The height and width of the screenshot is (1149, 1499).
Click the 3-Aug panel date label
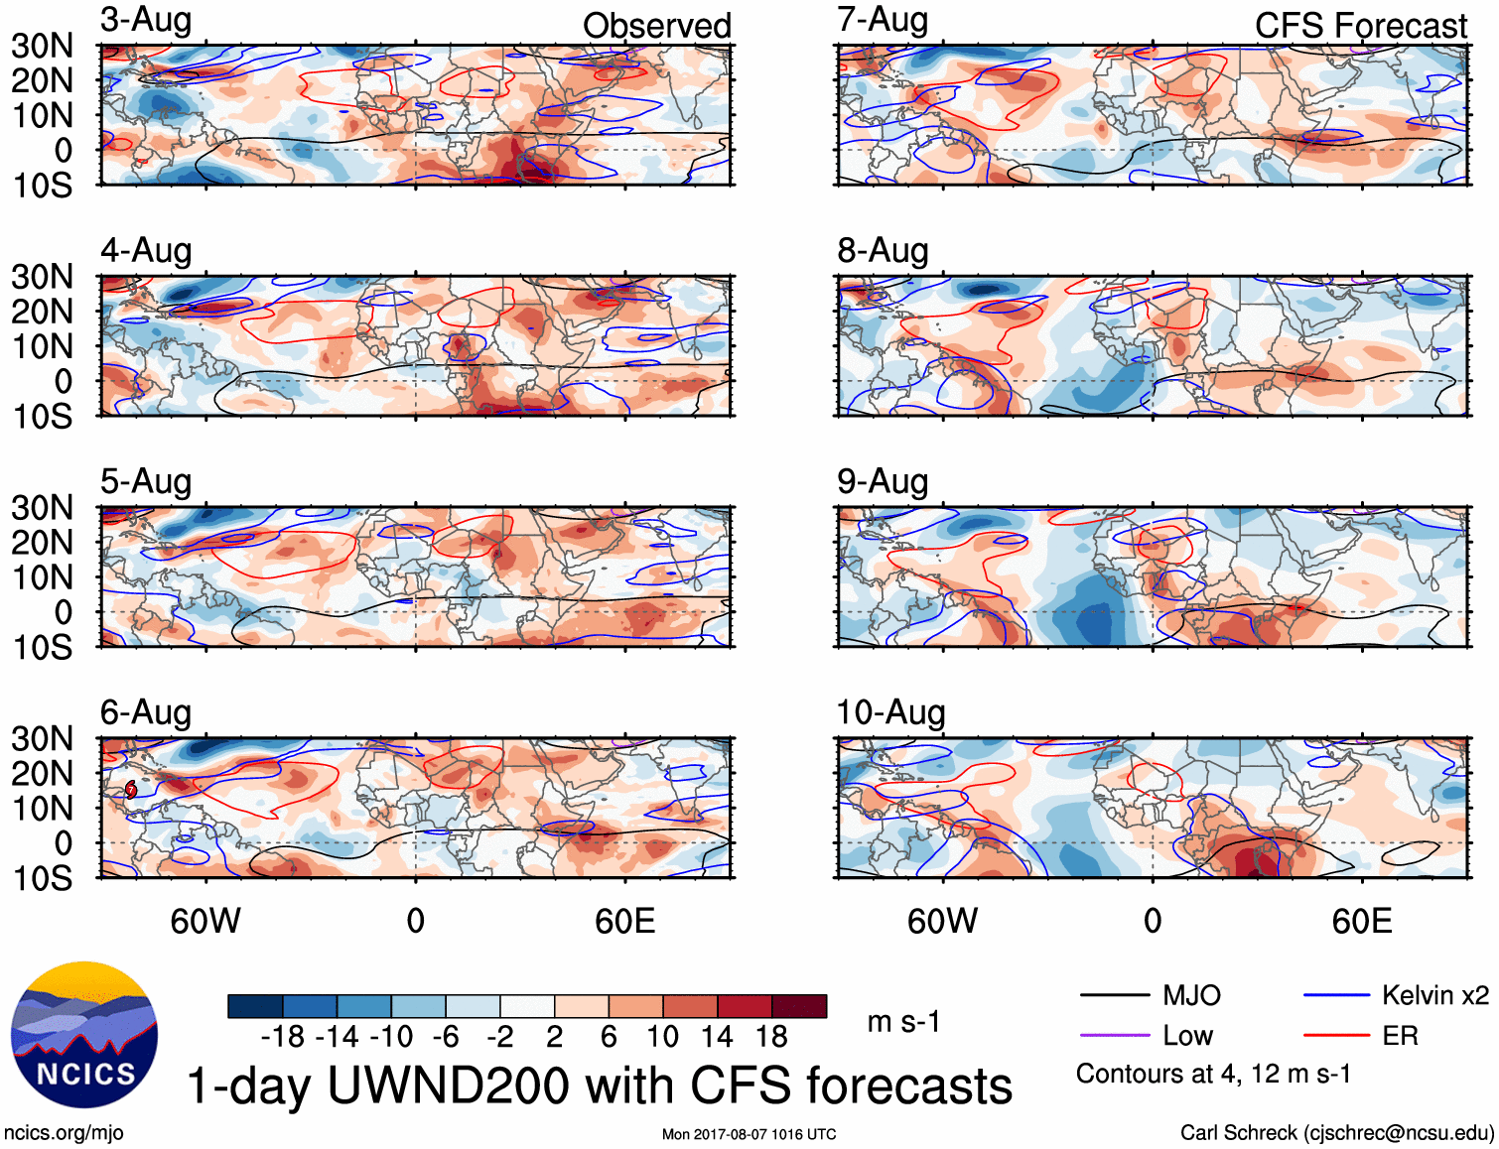(146, 21)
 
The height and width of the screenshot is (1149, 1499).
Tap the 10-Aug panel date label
(890, 712)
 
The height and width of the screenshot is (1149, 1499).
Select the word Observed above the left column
(656, 26)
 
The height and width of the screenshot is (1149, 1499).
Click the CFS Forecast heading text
(1360, 26)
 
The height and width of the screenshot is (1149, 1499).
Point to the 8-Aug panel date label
(883, 251)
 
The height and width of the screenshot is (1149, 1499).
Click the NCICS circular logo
(84, 1035)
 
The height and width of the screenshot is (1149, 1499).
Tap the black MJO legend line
(1114, 995)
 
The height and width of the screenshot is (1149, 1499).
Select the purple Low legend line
(1114, 1036)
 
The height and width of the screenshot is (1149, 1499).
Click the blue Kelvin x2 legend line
(1336, 995)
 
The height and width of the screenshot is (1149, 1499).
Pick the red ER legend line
(1336, 1036)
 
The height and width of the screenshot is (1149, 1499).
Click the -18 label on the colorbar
(283, 1037)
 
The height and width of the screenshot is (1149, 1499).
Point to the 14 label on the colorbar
(717, 1037)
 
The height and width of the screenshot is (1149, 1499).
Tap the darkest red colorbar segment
(799, 1006)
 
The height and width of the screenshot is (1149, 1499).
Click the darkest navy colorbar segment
(255, 1006)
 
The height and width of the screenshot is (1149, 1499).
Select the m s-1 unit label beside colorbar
(903, 1022)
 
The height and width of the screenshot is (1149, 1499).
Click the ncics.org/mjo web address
(64, 1133)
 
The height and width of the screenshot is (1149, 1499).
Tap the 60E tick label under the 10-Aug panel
(1361, 922)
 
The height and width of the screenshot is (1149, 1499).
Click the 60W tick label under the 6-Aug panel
(205, 922)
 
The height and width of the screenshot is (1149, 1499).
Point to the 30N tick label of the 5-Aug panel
(42, 508)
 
